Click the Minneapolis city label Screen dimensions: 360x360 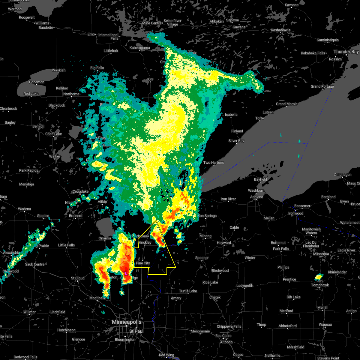[126, 322]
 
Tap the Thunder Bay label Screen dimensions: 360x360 [346, 52]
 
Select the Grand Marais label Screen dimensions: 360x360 [287, 104]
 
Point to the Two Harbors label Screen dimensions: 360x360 [214, 163]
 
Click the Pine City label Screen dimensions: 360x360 [143, 263]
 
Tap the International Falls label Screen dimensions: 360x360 [108, 37]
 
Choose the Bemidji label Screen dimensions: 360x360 [38, 126]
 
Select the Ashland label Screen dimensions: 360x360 [256, 197]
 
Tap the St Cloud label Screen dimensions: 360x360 [78, 278]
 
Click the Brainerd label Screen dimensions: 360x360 [76, 216]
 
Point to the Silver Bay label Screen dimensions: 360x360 [236, 141]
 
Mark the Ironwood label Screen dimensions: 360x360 [296, 213]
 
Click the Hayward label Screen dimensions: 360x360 [224, 243]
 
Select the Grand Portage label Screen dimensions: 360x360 [322, 86]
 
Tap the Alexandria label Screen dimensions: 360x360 [11, 253]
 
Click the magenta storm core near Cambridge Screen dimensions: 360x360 [126, 273]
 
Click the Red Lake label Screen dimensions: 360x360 [31, 94]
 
